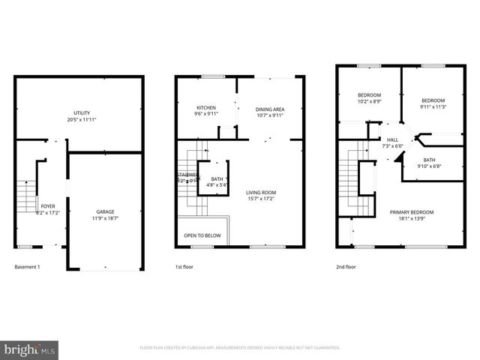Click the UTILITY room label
click(x=82, y=112)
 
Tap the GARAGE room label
click(x=105, y=212)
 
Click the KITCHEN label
click(x=206, y=107)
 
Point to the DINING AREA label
click(x=270, y=109)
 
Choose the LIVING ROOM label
click(x=262, y=192)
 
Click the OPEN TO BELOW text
click(x=202, y=235)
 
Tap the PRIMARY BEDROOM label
click(x=411, y=212)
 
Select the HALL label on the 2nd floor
click(x=393, y=139)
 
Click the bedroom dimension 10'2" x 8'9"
click(x=368, y=100)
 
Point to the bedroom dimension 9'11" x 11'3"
click(x=433, y=106)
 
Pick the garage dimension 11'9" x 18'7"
click(x=105, y=218)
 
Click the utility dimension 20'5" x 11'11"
click(x=82, y=119)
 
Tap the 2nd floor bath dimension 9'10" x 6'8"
click(x=429, y=166)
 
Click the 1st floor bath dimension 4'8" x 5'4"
click(x=217, y=184)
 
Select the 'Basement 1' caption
click(x=27, y=267)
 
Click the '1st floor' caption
click(x=185, y=267)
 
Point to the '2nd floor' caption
click(x=346, y=267)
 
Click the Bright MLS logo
click(x=30, y=349)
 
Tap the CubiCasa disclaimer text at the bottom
click(x=240, y=348)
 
